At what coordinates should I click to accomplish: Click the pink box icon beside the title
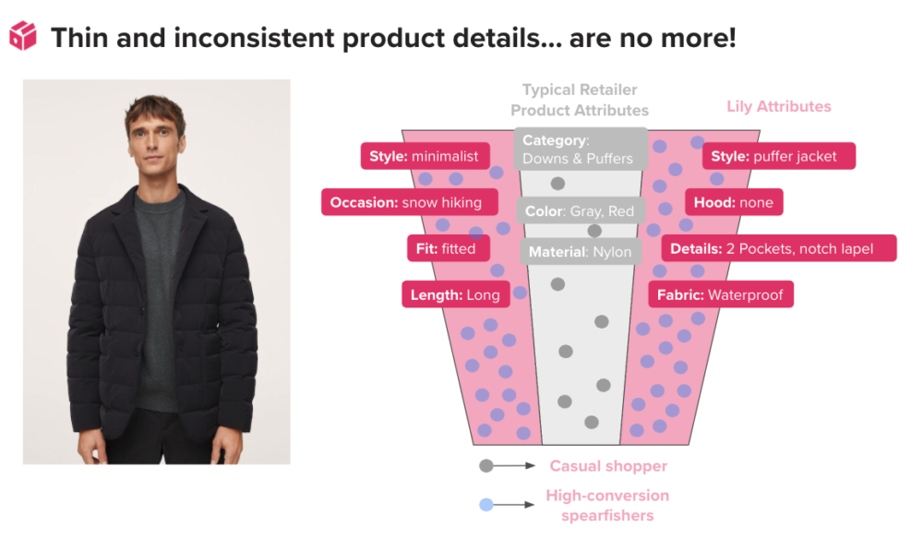point(23,37)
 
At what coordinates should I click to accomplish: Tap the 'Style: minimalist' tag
point(425,156)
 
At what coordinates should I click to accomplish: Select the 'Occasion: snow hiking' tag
point(409,202)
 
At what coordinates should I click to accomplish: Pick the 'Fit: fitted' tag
point(449,248)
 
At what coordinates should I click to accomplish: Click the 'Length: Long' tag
point(455,294)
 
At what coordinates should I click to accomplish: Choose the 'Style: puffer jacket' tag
point(779,156)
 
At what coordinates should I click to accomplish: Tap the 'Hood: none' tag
point(734,202)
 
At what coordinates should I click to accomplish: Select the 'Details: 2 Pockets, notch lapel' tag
point(779,248)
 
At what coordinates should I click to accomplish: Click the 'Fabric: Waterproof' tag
point(721,294)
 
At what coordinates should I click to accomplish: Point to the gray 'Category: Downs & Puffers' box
point(581,149)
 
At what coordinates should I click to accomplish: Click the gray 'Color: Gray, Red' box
point(581,210)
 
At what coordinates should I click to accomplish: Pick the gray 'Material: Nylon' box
point(581,251)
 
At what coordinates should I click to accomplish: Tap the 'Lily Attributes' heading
point(779,106)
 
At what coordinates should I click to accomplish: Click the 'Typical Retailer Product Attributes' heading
point(580,100)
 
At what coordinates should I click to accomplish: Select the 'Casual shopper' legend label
point(608,466)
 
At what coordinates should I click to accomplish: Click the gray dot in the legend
point(486,466)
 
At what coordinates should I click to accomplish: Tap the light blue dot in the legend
point(486,504)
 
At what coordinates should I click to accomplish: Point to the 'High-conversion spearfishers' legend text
point(607,506)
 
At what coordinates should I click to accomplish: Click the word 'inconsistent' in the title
point(254,38)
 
